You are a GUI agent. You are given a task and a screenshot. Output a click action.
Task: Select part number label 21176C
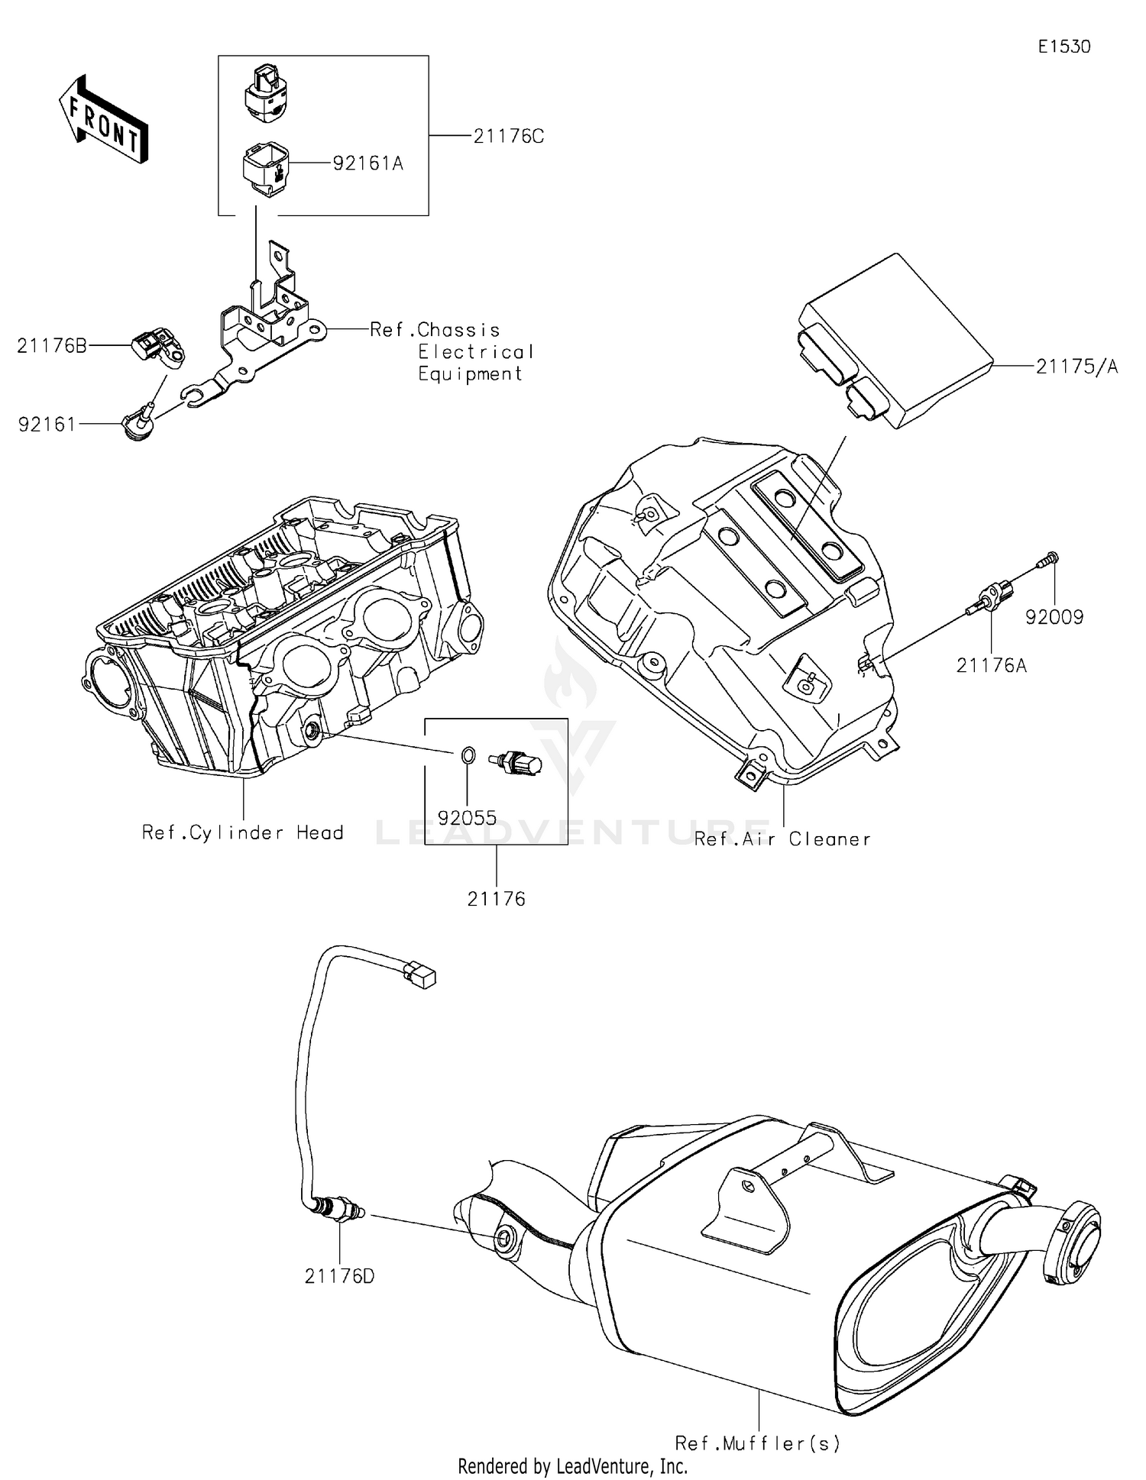coord(508,137)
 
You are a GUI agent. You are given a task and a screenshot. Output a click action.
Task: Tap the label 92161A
coord(367,163)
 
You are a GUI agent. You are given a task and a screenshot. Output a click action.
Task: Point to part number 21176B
coord(52,347)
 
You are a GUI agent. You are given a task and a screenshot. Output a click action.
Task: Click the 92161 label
coord(47,425)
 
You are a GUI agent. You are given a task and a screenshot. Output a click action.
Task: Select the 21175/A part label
coord(1076,367)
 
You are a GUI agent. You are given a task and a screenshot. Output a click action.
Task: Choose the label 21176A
coord(991,666)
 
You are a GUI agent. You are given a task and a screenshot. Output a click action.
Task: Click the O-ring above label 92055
coord(468,756)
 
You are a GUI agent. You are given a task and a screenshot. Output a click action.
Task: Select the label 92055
coord(468,818)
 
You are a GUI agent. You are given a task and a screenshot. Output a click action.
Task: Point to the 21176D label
coord(339,1276)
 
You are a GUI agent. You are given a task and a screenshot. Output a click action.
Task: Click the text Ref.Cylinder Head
coord(242,832)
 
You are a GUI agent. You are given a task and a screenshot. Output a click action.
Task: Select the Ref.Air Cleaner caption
coord(782,839)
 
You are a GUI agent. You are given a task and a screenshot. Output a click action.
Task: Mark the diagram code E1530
coord(1063,47)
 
